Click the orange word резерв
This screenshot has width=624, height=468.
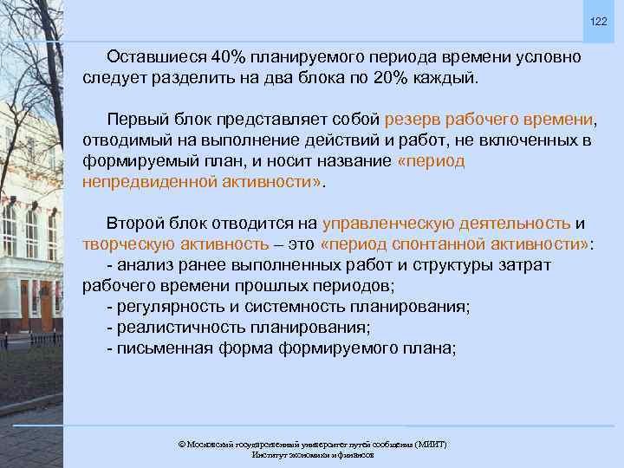tap(414, 119)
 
